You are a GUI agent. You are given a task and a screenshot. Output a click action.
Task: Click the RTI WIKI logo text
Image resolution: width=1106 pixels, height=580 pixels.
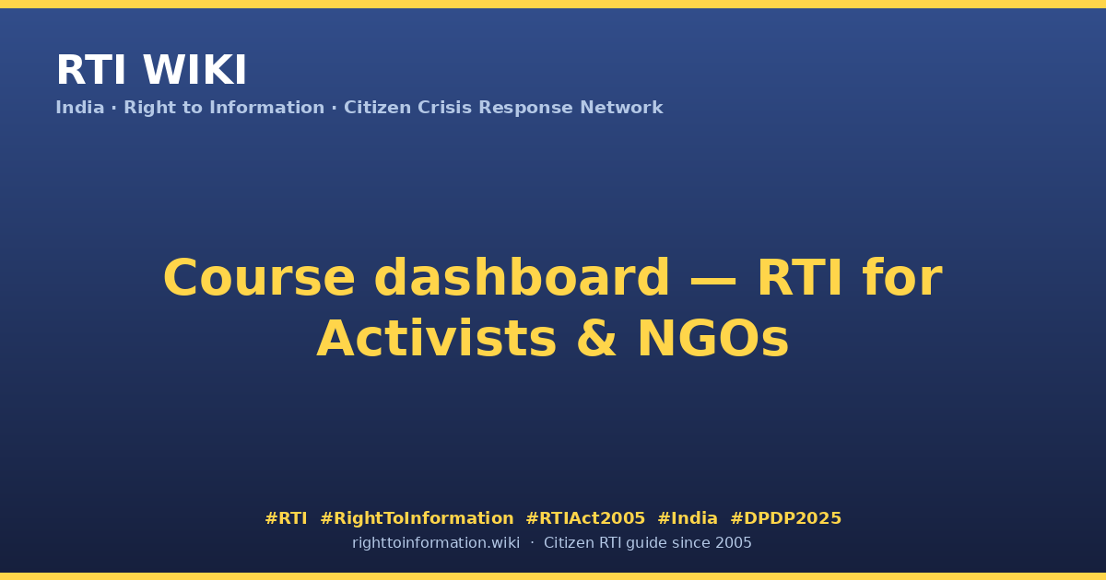pyautogui.click(x=151, y=70)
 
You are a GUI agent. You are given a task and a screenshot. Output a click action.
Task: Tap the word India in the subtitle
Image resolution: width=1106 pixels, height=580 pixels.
pyautogui.click(x=80, y=108)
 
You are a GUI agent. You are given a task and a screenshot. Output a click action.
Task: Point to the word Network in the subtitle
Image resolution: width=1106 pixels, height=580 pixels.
pyautogui.click(x=621, y=108)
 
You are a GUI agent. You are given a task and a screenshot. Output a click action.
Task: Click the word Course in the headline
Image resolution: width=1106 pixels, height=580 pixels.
pyautogui.click(x=259, y=278)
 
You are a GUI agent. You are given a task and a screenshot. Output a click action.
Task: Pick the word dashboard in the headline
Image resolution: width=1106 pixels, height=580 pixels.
pyautogui.click(x=522, y=278)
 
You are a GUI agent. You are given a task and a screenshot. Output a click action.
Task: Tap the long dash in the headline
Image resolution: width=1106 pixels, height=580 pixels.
pyautogui.click(x=713, y=279)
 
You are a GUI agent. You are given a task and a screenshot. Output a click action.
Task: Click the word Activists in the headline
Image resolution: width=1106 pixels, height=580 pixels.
pyautogui.click(x=437, y=339)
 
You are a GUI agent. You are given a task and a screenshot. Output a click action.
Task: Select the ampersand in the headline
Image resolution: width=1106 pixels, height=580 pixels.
pyautogui.click(x=597, y=339)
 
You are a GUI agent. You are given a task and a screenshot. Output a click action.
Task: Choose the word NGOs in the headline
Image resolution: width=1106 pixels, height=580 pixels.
pyautogui.click(x=713, y=339)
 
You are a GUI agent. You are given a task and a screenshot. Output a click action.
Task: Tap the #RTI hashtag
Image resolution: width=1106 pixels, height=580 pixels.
pyautogui.click(x=286, y=518)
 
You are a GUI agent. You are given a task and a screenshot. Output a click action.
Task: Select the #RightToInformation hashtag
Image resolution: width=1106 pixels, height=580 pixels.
pyautogui.click(x=417, y=518)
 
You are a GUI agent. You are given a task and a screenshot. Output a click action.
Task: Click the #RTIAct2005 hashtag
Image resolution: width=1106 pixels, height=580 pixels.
pyautogui.click(x=585, y=518)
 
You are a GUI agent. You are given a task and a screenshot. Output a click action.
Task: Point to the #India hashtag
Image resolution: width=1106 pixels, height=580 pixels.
pyautogui.click(x=688, y=518)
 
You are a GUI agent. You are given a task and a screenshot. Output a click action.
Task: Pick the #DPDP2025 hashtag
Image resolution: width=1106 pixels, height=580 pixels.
pyautogui.click(x=785, y=518)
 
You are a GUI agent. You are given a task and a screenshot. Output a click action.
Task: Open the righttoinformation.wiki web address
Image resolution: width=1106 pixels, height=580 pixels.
pyautogui.click(x=436, y=543)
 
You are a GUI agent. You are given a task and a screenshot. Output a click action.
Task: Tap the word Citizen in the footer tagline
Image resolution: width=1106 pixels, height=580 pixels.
pyautogui.click(x=569, y=543)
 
